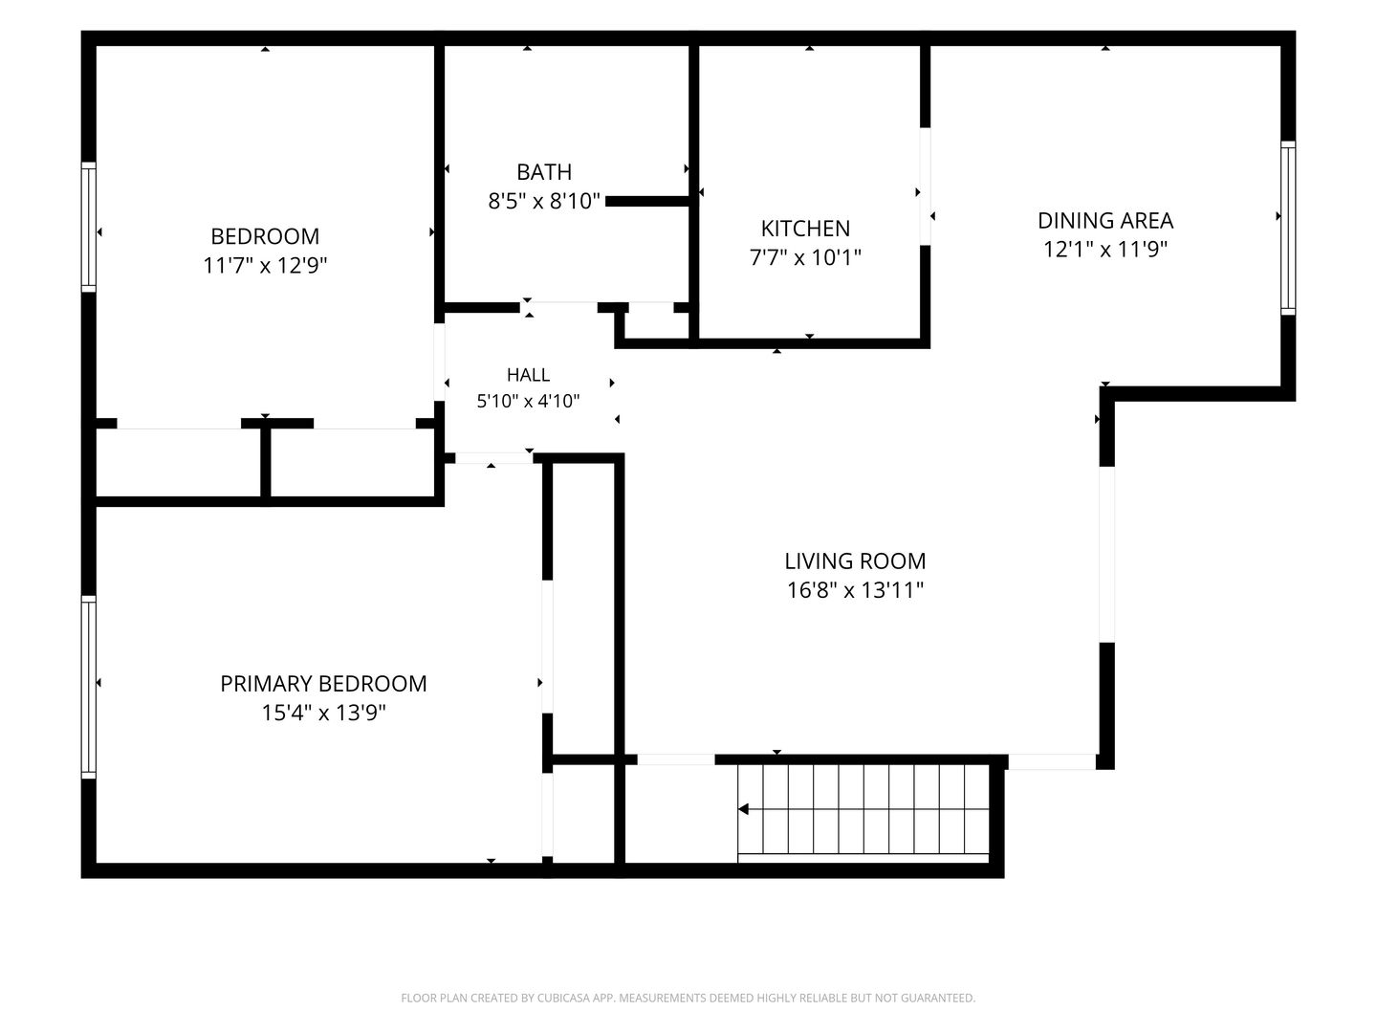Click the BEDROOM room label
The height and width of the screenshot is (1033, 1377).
pos(265,236)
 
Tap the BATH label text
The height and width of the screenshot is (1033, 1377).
pos(544,172)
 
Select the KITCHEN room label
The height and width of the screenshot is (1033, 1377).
pos(805,229)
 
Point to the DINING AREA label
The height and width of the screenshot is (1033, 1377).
pos(1105,221)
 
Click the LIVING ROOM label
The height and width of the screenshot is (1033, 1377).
pos(855,561)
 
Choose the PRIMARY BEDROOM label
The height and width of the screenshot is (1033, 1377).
pos(323,684)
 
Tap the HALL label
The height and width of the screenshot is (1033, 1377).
pos(528,375)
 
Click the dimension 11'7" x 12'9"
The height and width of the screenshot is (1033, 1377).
pos(265,266)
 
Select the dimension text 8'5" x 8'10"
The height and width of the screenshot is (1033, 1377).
pos(544,201)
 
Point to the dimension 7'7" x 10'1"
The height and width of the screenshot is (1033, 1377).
pos(805,258)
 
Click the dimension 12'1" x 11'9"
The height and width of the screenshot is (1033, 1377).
pos(1105,250)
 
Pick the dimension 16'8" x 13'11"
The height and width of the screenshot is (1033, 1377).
pos(855,591)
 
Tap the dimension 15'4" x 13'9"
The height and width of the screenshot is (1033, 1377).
pos(323,714)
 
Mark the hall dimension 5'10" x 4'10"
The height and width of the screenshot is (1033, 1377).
pos(528,402)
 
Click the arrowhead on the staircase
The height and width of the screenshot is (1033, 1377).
pos(743,809)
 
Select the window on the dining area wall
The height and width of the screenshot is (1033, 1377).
pos(1288,229)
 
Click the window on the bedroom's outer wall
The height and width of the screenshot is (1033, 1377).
pos(89,227)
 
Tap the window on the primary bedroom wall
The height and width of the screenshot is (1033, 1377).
pos(89,687)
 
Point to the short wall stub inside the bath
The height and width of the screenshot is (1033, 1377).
pos(647,201)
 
